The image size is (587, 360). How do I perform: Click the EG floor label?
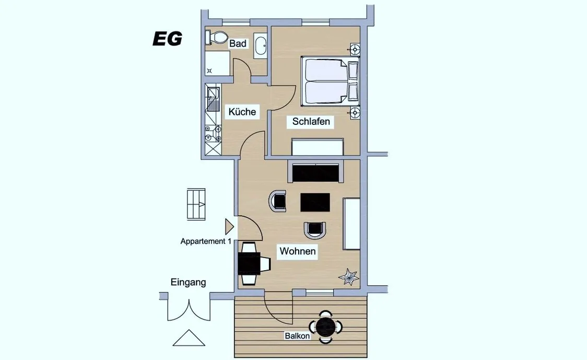[167, 39]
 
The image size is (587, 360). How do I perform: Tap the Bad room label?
[238, 43]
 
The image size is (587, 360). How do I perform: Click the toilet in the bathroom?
[216, 38]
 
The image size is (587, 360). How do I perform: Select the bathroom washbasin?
[260, 45]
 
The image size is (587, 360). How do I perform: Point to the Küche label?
[242, 112]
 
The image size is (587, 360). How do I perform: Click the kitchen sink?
[213, 99]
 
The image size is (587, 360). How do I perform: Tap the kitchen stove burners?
[213, 134]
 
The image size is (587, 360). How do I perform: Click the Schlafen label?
[311, 121]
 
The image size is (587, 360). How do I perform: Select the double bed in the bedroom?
[330, 80]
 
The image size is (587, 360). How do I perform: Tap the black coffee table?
[315, 202]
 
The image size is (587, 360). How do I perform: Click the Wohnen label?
[298, 251]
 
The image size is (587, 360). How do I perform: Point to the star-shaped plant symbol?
[348, 277]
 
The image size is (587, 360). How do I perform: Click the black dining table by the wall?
[249, 263]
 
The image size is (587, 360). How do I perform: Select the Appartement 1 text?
[206, 241]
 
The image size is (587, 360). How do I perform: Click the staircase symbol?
[196, 204]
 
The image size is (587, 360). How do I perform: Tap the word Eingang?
[189, 282]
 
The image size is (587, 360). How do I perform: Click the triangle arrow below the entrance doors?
[189, 338]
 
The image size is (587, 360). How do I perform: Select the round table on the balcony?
[326, 327]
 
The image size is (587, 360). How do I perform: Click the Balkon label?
[297, 335]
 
